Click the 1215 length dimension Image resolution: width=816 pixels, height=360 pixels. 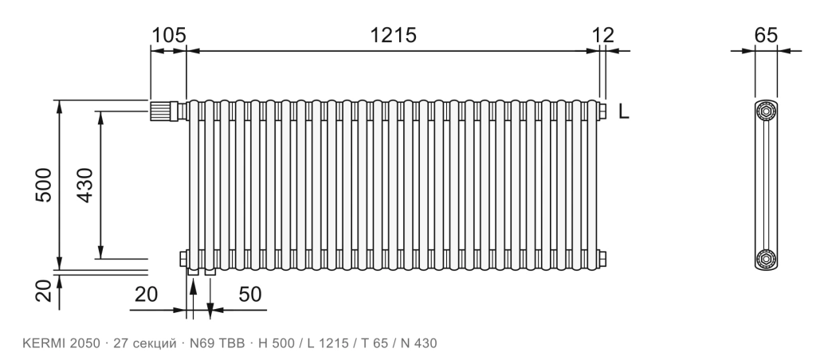(393, 35)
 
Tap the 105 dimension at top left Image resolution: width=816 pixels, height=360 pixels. (169, 35)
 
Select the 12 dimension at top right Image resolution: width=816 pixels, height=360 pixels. (603, 35)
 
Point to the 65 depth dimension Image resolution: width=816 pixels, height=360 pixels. (766, 35)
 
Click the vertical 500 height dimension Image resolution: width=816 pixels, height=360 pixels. (44, 185)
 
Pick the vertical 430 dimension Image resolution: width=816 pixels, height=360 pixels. (84, 185)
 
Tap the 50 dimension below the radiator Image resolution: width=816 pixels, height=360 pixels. (249, 295)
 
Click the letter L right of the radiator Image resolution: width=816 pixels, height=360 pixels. (624, 112)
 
